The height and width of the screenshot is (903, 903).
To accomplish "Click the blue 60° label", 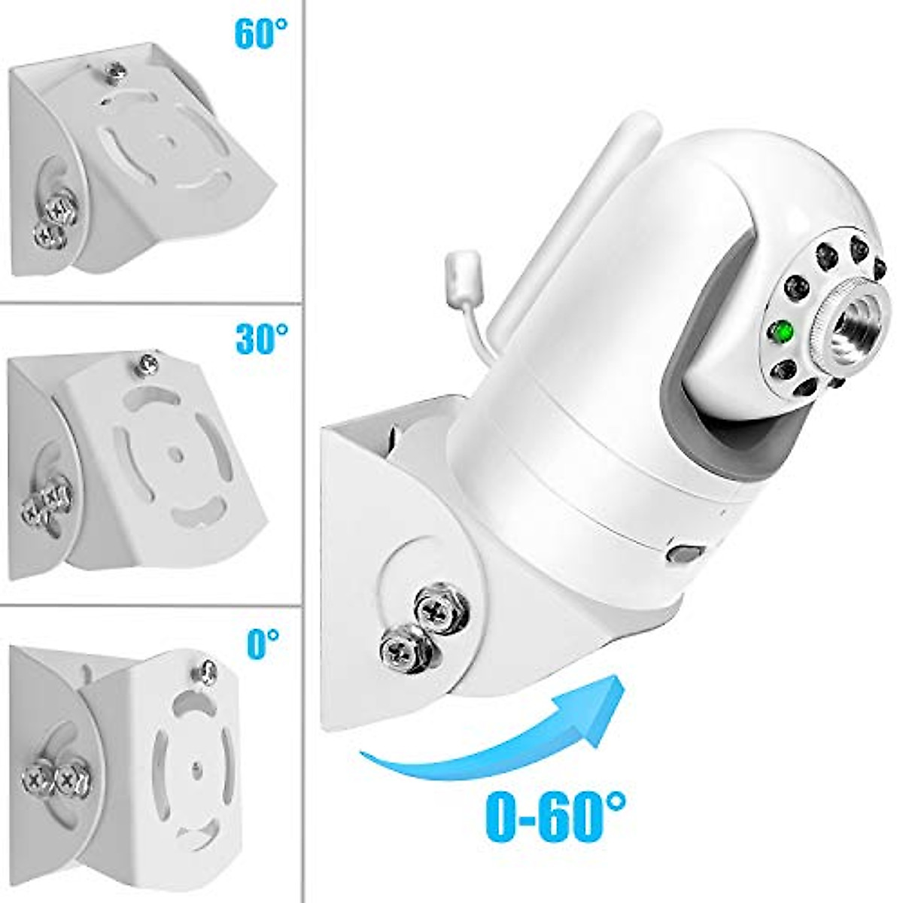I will coord(261,33).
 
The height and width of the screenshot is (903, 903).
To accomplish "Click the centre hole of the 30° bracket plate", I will coord(175,454).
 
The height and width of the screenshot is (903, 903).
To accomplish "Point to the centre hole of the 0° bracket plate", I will coord(195,768).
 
